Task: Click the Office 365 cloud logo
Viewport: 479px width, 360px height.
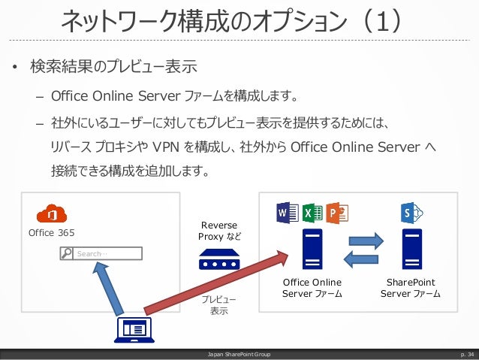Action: click(51, 213)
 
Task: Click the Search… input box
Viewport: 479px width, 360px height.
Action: click(99, 254)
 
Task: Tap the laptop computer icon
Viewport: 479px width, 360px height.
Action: click(134, 329)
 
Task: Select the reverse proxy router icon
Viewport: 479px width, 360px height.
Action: click(219, 261)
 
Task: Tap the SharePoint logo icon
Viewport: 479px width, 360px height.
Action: click(411, 213)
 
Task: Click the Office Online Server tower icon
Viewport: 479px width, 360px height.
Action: click(312, 250)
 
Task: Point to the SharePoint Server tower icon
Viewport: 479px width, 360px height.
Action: click(411, 250)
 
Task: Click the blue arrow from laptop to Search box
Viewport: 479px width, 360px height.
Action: click(107, 285)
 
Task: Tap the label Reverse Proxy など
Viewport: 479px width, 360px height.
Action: click(219, 231)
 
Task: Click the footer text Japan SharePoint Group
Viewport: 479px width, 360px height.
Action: click(239, 353)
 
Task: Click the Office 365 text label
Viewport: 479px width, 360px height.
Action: click(51, 232)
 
